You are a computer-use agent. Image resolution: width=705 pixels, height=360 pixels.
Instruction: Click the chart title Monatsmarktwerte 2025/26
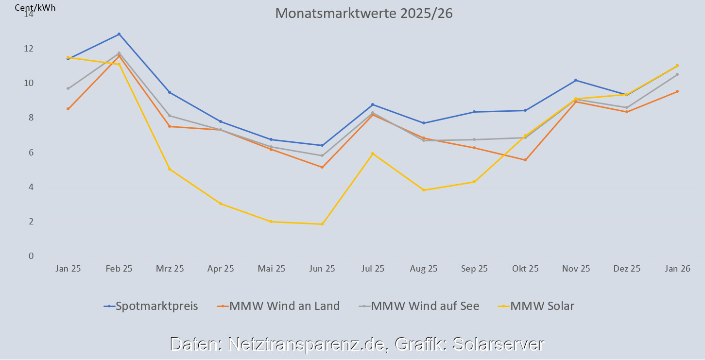point(364,13)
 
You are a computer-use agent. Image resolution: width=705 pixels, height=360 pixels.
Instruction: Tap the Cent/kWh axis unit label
point(32,8)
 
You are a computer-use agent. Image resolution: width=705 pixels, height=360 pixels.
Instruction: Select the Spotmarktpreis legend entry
point(156,306)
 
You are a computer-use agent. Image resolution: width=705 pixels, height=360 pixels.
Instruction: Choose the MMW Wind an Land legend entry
point(284,306)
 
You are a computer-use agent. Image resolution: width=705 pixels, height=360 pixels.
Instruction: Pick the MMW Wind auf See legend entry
point(425,306)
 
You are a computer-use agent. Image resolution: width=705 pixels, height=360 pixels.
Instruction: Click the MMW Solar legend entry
point(542,306)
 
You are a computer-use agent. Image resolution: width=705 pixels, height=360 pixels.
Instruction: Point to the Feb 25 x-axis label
point(119,269)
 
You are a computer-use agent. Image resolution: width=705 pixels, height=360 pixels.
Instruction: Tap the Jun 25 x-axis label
point(322,269)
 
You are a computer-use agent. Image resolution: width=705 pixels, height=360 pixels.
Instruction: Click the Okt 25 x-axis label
point(525,269)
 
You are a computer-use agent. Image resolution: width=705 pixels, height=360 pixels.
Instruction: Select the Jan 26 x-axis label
point(677,269)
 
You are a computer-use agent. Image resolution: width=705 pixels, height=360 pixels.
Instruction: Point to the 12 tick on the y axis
point(29,49)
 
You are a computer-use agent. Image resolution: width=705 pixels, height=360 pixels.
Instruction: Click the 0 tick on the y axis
point(31,256)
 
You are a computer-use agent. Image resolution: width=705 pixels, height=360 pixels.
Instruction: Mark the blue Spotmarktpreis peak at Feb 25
point(119,34)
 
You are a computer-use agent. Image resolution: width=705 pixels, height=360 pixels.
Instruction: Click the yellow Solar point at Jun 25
point(322,224)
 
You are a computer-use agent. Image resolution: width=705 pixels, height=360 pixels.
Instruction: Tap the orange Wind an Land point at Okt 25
point(525,160)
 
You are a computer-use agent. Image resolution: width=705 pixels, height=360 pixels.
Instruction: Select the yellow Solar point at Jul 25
point(373,154)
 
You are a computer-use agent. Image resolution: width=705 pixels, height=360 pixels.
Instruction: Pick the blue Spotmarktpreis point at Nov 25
point(576,80)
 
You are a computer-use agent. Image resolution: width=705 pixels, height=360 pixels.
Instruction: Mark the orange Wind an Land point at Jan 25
point(68,109)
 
